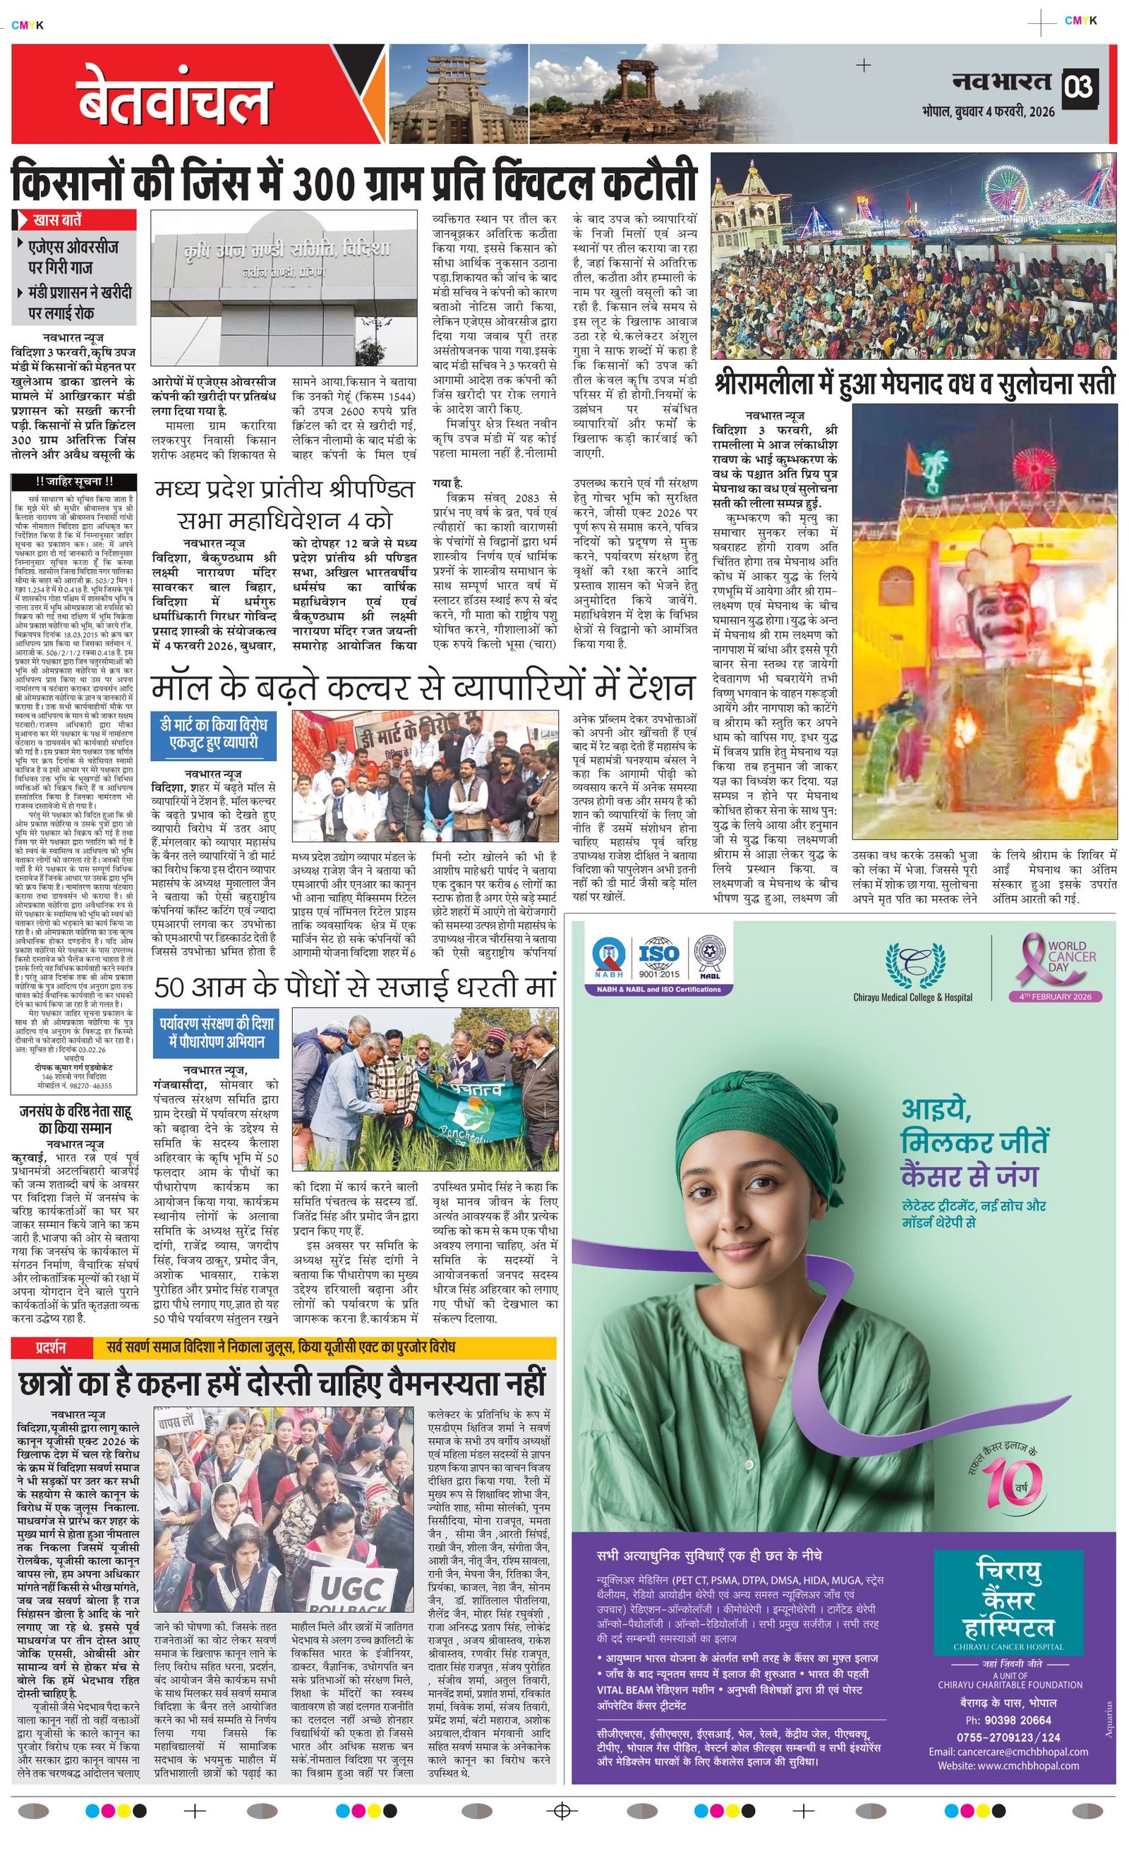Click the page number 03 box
point(1079,87)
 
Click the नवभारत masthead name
point(1002,81)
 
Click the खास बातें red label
point(74,220)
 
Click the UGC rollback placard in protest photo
point(351,1587)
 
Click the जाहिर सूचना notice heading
point(73,481)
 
